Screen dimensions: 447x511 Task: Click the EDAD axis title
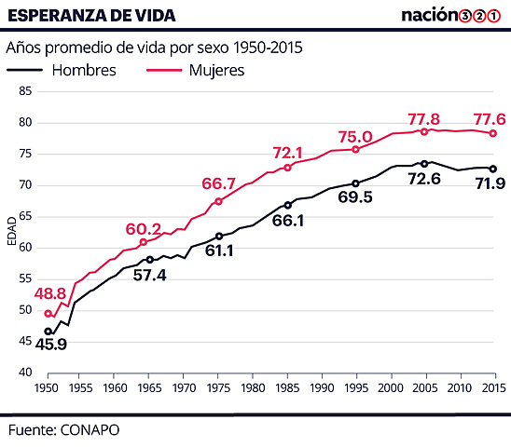pyautogui.click(x=11, y=233)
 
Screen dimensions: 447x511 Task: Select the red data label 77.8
pyautogui.click(x=424, y=119)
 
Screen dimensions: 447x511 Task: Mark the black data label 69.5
pyautogui.click(x=355, y=197)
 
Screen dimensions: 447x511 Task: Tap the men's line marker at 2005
pyautogui.click(x=424, y=164)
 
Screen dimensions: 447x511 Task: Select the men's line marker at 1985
pyautogui.click(x=288, y=205)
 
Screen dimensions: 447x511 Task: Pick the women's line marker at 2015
pyautogui.click(x=493, y=133)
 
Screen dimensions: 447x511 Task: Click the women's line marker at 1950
pyautogui.click(x=48, y=314)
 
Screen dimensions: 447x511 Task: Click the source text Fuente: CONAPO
pyautogui.click(x=63, y=430)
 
